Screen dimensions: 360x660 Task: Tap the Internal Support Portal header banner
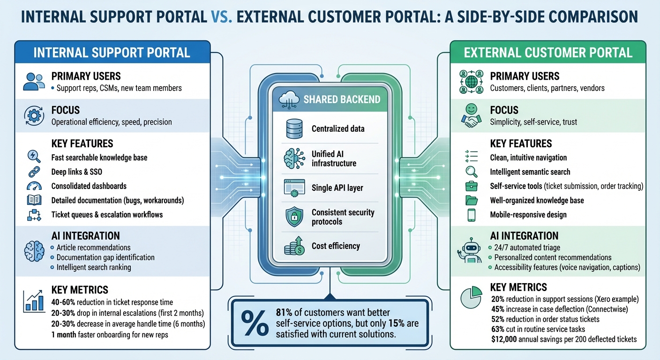(x=112, y=52)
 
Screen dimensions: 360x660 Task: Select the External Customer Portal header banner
(x=548, y=52)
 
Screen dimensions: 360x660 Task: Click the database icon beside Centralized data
(x=294, y=128)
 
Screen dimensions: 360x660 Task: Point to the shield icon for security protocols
(x=294, y=217)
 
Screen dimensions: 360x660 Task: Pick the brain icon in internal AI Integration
(x=34, y=251)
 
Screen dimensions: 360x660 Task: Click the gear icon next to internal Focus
(x=34, y=116)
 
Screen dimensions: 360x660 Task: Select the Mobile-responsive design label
(x=528, y=215)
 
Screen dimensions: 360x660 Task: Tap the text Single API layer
(x=337, y=188)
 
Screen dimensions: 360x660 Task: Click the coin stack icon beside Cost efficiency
(x=294, y=247)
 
